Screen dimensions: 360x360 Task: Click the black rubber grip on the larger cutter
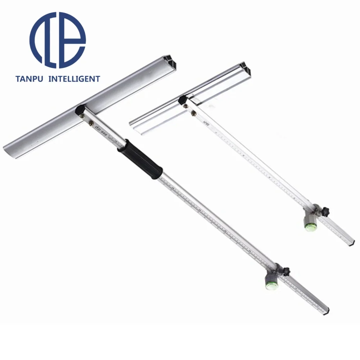tap(141, 158)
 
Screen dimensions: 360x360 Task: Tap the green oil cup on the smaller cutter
tap(310, 227)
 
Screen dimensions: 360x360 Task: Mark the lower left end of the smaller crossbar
tap(132, 124)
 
